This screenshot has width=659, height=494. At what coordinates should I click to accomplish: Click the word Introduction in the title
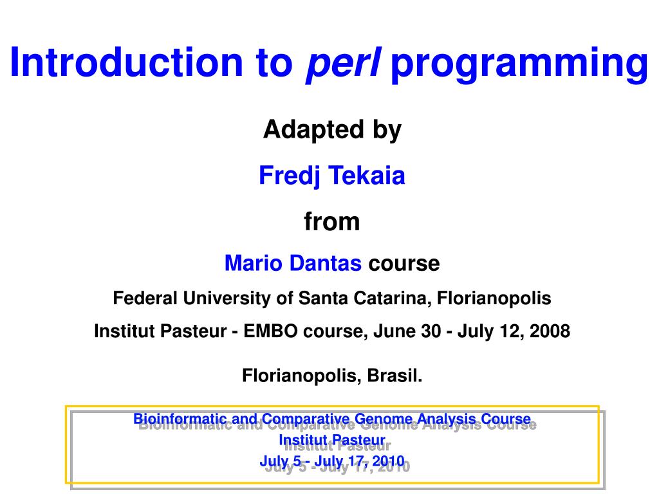point(127,62)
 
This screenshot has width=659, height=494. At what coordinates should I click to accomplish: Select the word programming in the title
point(519,65)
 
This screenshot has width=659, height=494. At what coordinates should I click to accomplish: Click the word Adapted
point(313,129)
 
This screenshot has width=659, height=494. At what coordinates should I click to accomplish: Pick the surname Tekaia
point(367,176)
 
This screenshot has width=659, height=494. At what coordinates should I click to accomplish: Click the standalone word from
point(332,221)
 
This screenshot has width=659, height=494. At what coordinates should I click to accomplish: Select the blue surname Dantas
point(325,263)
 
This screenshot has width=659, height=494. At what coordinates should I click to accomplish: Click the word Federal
point(145,298)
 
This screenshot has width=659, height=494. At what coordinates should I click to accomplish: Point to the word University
point(227,299)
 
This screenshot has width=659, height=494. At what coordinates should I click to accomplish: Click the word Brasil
point(394,376)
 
